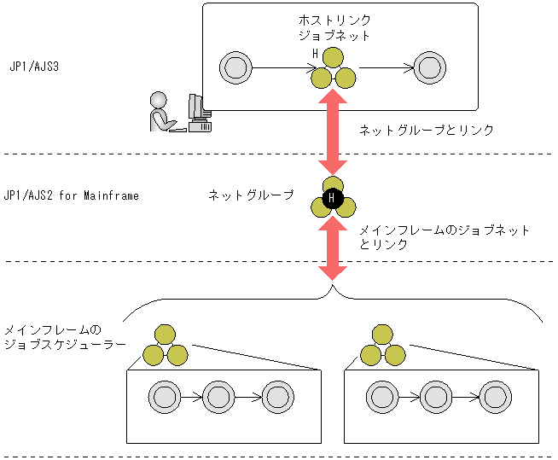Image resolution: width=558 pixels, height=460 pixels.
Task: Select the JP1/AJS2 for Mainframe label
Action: point(71,195)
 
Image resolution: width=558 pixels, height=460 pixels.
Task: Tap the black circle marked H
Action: point(333,201)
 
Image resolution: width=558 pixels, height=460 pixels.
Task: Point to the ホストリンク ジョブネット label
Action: point(334,28)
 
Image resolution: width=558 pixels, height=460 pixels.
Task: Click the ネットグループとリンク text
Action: point(427,130)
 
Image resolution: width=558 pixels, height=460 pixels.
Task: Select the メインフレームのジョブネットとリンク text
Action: point(443,236)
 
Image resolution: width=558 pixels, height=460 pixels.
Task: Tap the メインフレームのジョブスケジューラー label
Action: point(65,337)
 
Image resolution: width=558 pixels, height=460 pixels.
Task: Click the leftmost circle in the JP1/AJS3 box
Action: point(233,67)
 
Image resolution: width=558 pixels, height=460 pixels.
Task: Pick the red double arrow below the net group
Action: point(333,248)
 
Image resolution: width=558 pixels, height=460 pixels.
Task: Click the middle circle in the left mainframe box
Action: point(219,397)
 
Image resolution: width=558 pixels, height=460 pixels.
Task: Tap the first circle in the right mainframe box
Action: point(381,397)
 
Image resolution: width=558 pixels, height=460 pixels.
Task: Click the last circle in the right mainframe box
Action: point(494,397)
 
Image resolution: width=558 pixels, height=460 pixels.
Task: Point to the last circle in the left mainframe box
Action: point(276,397)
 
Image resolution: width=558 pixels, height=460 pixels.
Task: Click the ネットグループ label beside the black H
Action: point(251,195)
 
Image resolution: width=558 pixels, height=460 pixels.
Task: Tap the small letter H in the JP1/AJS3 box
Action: point(315,54)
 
